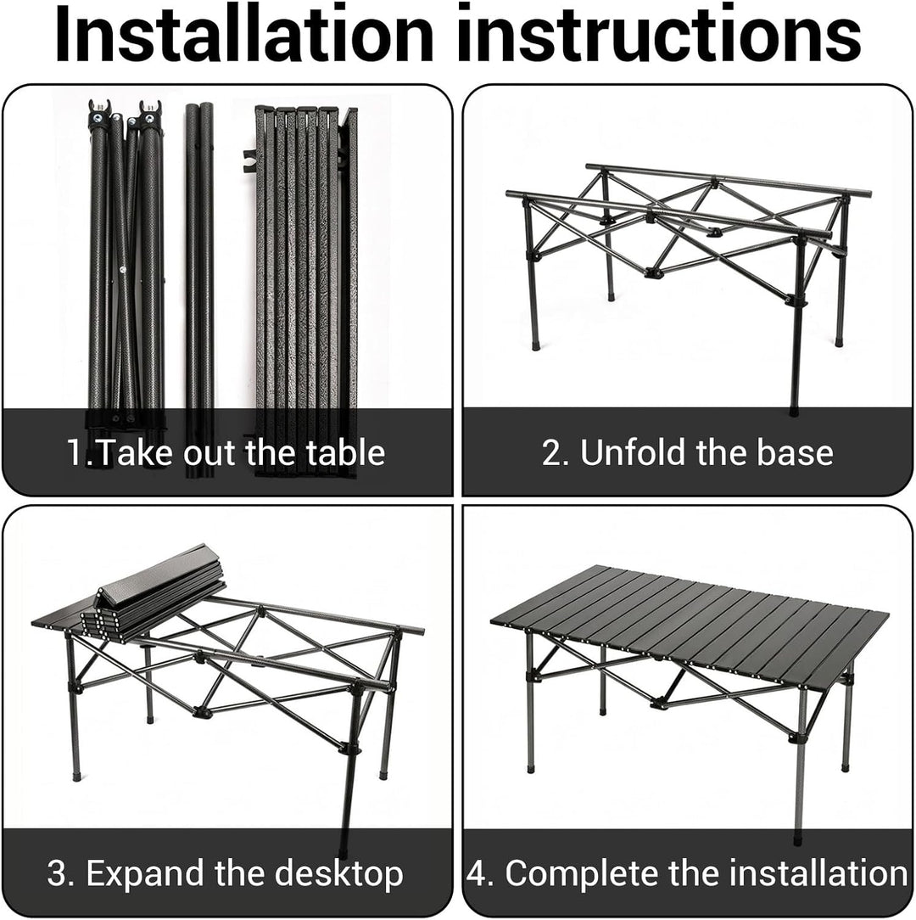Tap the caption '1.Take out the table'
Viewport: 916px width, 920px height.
(226, 453)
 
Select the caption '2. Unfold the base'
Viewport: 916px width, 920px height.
(687, 453)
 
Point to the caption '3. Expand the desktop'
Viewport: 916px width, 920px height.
(226, 874)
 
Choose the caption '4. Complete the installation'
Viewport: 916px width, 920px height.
(687, 872)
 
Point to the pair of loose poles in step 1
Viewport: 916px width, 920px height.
(200, 290)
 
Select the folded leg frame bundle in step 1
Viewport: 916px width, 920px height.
(126, 264)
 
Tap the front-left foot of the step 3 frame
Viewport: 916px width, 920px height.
(76, 776)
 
